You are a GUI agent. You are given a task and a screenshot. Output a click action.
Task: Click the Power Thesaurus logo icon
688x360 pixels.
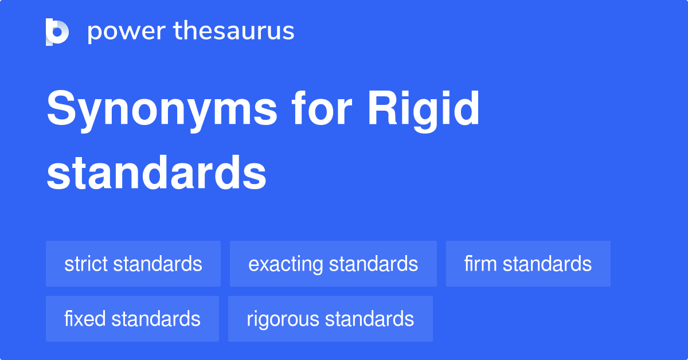pos(57,32)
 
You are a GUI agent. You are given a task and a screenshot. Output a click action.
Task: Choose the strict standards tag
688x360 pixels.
pos(133,264)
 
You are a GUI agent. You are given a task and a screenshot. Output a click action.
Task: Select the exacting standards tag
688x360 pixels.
pos(333,264)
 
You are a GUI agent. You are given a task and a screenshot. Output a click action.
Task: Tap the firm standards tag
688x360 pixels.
pos(528,264)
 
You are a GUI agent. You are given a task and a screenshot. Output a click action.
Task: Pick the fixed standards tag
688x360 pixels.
pos(132,319)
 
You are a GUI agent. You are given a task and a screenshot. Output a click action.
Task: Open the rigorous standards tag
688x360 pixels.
pos(330,319)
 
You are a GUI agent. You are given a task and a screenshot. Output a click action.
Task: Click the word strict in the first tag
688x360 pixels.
pos(87,264)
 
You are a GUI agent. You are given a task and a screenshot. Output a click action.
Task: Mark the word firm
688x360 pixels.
pos(481,264)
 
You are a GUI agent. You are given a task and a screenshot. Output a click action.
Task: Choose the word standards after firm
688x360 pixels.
pos(548,264)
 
